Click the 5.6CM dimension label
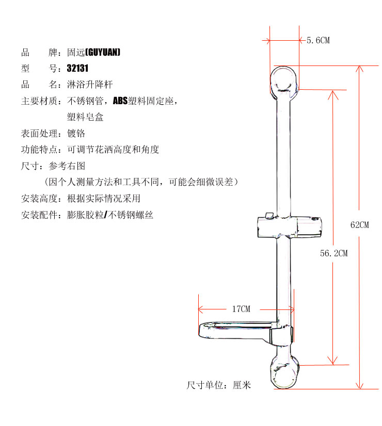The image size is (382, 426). point(317,40)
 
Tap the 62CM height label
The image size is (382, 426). point(359,225)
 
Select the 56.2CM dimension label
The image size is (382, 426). point(333,253)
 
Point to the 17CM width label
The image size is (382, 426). point(241,309)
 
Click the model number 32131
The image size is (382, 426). point(78,68)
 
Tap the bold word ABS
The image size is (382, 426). point(120,100)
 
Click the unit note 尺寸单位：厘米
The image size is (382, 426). point(218,385)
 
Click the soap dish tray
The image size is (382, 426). point(235,330)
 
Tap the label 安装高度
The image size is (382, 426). point(38,199)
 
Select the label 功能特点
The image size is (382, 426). point(38,150)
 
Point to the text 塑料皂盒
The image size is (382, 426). point(85,117)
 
